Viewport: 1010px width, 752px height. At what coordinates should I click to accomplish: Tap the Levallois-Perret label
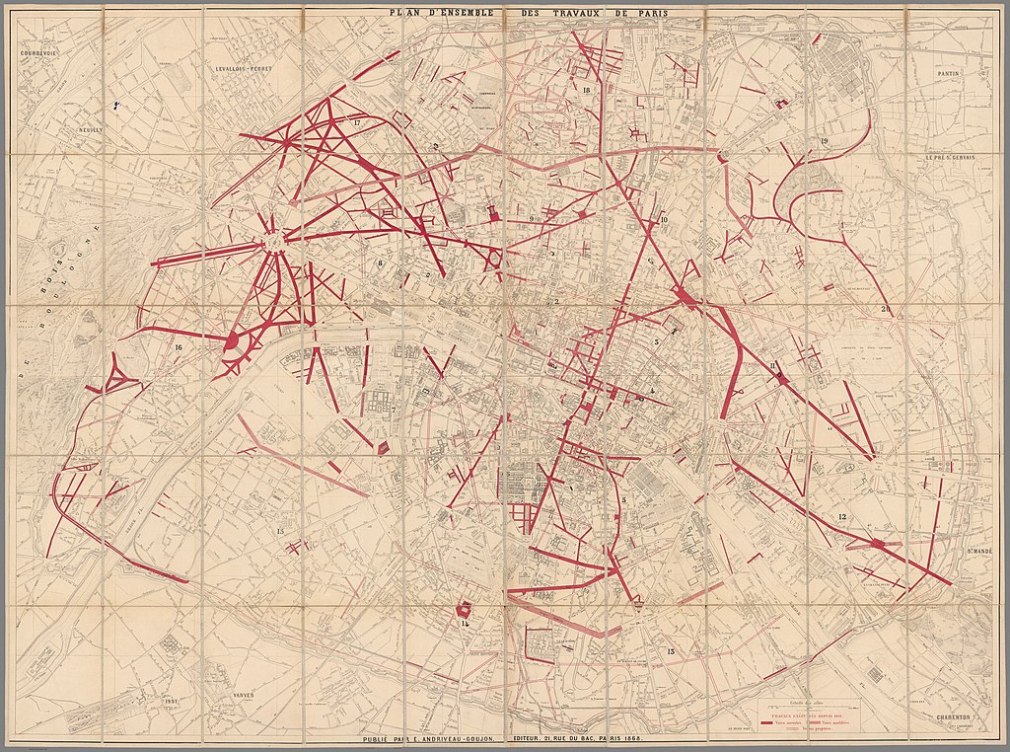tap(243, 70)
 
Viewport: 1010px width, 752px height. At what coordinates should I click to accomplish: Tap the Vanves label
tap(241, 695)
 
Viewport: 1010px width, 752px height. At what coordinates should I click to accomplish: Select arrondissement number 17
tap(356, 122)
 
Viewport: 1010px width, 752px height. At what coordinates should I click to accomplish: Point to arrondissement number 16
tap(179, 347)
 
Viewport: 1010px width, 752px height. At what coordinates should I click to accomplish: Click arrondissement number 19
tap(823, 142)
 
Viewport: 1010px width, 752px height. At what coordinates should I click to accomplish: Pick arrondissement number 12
tap(841, 517)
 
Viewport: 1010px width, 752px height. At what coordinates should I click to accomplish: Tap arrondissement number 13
tap(670, 651)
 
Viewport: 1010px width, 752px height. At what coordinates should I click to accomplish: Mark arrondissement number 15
tap(280, 532)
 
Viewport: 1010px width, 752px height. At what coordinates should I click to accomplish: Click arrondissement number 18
tap(586, 90)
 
